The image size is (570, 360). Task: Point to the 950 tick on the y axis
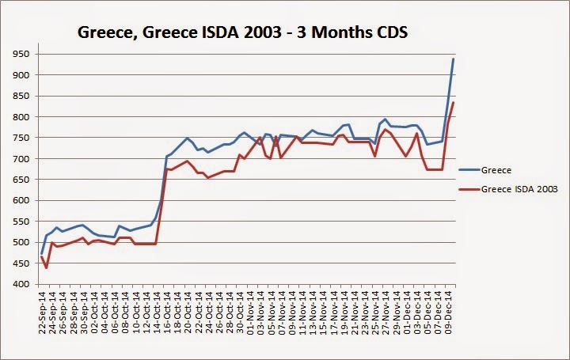(x=21, y=54)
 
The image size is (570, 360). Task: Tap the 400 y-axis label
(x=21, y=284)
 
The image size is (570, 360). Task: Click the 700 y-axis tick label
(x=21, y=158)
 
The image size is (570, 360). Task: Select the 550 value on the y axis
(x=21, y=222)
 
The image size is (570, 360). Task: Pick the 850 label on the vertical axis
(x=21, y=96)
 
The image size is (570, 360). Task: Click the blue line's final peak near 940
(x=453, y=59)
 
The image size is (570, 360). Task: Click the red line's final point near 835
(x=453, y=102)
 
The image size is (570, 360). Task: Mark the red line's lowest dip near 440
(x=46, y=267)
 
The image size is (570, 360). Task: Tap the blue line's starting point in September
(x=42, y=253)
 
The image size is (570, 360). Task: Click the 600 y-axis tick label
(x=21, y=200)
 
